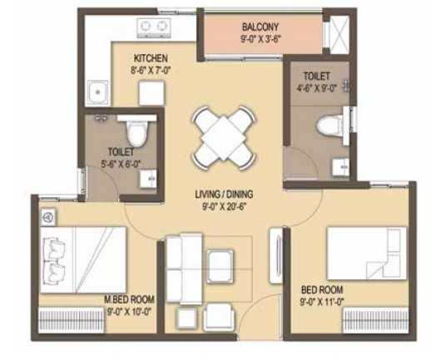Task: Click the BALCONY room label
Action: click(x=260, y=27)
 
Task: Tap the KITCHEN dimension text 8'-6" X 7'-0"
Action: click(x=151, y=70)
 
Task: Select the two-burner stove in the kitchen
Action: click(x=154, y=27)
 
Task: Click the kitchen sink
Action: click(x=97, y=92)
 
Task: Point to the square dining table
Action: click(x=224, y=138)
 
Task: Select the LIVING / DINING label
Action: click(x=224, y=195)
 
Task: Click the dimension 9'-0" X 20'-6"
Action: click(x=224, y=206)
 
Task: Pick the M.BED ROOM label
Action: click(x=130, y=299)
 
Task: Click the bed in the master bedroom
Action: click(x=83, y=259)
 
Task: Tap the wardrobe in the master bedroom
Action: click(x=72, y=320)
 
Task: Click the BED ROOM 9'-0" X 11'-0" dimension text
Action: click(x=322, y=302)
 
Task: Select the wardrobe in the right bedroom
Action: click(x=376, y=320)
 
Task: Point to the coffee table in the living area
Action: click(x=221, y=267)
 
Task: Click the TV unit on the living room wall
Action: click(x=276, y=255)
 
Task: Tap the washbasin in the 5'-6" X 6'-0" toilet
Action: click(x=148, y=179)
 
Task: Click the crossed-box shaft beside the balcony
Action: click(x=339, y=34)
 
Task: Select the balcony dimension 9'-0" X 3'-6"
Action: click(x=260, y=39)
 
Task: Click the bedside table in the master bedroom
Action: click(x=48, y=217)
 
